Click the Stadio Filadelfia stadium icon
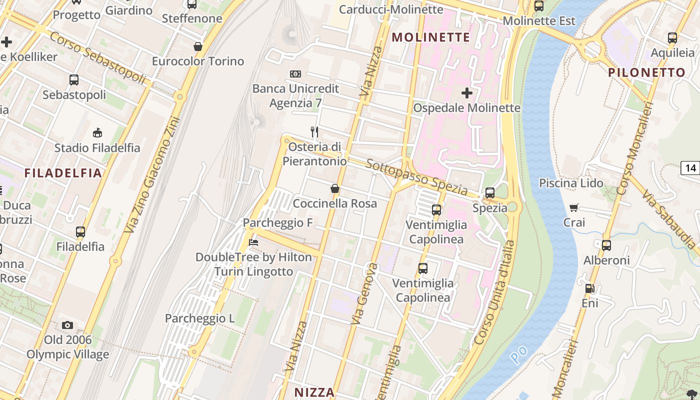coord(97,133)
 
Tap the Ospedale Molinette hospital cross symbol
coord(467,93)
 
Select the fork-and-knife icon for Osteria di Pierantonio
coord(314,132)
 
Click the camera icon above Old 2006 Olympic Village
coord(67,325)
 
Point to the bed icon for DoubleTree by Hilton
coord(253,242)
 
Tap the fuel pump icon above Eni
coord(590,288)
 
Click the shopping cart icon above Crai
coord(574,207)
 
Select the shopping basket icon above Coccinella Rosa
coord(335,189)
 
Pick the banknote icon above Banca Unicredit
coord(295,74)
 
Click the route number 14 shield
coord(690,168)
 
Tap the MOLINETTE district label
coord(431,37)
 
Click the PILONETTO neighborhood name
coord(646,72)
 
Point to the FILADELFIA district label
coord(63,173)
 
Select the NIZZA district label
coord(314,392)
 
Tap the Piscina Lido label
coord(571,183)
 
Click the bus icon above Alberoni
coord(606,245)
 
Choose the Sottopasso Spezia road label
coord(416,178)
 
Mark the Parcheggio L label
coord(200,318)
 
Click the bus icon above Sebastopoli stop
coord(74,80)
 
